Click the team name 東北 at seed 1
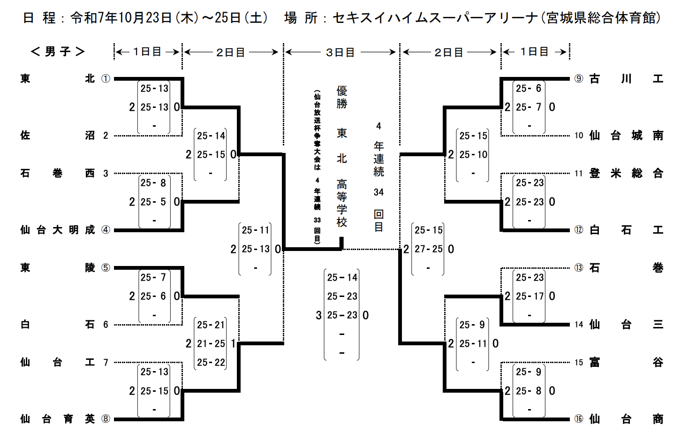[x=57, y=79]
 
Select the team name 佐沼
[x=57, y=136]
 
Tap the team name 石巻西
[x=57, y=174]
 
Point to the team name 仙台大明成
[x=57, y=230]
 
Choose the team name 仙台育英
[x=57, y=419]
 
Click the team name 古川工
[x=626, y=79]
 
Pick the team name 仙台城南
[x=626, y=136]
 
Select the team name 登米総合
[x=626, y=174]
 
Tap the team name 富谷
[x=626, y=362]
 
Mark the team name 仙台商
[x=626, y=419]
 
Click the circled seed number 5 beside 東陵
[x=106, y=268]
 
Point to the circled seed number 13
[x=579, y=268]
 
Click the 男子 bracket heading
[x=58, y=52]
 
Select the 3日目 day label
[x=340, y=52]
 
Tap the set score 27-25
[x=428, y=249]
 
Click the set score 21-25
[x=211, y=344]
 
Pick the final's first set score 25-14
[x=342, y=278]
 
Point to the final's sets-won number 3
[x=319, y=315]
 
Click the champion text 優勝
[x=342, y=97]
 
